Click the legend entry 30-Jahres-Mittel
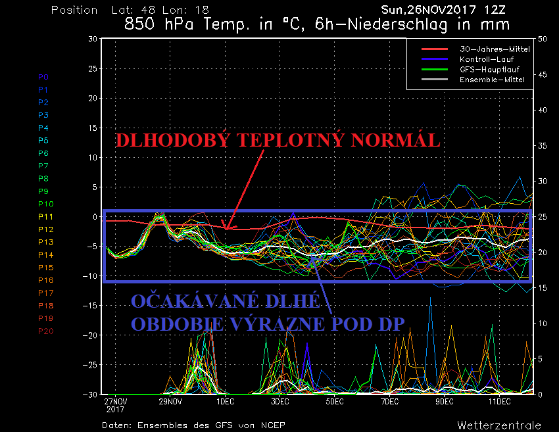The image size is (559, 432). pyautogui.click(x=487, y=49)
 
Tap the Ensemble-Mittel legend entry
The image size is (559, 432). pyautogui.click(x=487, y=79)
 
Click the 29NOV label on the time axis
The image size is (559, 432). pyautogui.click(x=170, y=401)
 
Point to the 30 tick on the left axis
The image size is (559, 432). pyautogui.click(x=92, y=39)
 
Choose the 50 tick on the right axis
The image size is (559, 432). pyautogui.click(x=543, y=39)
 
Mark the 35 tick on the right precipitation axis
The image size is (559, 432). pyautogui.click(x=543, y=145)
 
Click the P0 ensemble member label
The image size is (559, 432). pyautogui.click(x=43, y=77)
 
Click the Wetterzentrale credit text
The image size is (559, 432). pyautogui.click(x=499, y=425)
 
